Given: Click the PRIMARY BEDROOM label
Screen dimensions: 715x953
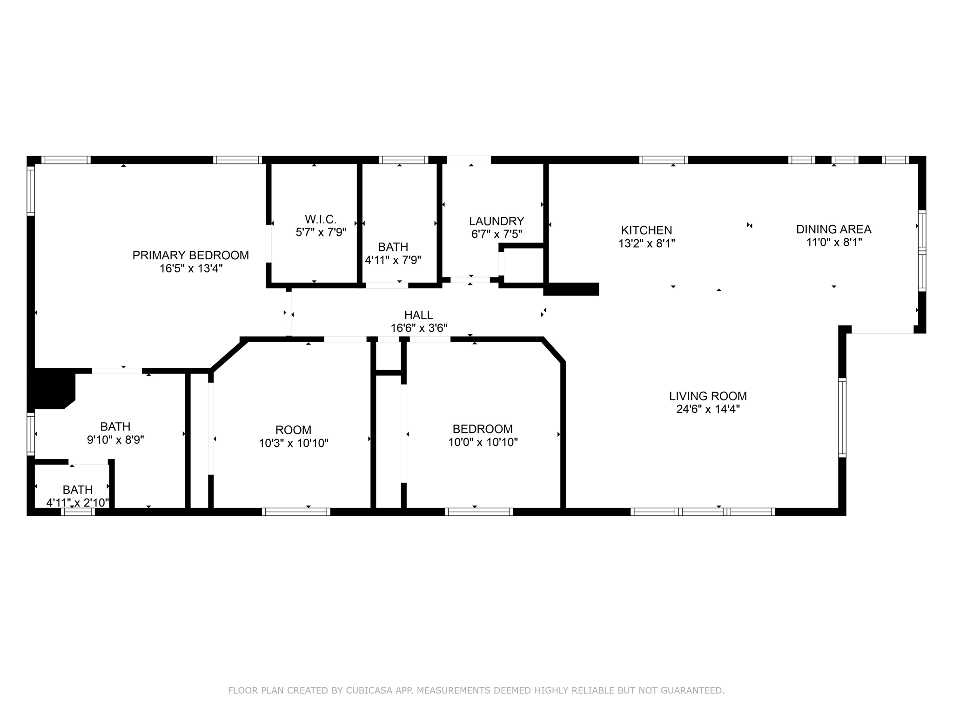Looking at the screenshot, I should pyautogui.click(x=190, y=255).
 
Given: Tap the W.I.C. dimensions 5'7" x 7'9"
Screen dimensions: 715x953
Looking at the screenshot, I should pyautogui.click(x=321, y=232).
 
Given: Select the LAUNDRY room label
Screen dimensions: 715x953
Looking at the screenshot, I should pyautogui.click(x=496, y=221).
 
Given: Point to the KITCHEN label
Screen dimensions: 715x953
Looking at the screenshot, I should pyautogui.click(x=646, y=230).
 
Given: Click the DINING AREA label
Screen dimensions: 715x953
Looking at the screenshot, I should pyautogui.click(x=833, y=229).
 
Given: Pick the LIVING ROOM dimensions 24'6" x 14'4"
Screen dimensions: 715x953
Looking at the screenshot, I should pyautogui.click(x=708, y=409).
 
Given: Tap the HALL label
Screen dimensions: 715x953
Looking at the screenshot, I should pyautogui.click(x=418, y=315).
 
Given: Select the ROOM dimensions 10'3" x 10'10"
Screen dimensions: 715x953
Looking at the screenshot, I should pyautogui.click(x=293, y=443).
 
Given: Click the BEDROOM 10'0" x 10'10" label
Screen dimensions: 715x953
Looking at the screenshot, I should pyautogui.click(x=483, y=429).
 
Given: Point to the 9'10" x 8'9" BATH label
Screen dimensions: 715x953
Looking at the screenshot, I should pyautogui.click(x=115, y=426).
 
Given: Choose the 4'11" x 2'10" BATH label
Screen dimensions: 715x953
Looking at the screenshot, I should pyautogui.click(x=78, y=490).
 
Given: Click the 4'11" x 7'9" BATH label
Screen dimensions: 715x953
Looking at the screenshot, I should pyautogui.click(x=393, y=247).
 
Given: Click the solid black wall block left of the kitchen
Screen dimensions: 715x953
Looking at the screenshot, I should pyautogui.click(x=571, y=289).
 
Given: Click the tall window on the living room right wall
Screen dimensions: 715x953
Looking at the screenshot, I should pyautogui.click(x=842, y=418).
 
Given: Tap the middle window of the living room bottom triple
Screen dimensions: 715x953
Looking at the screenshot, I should pyautogui.click(x=703, y=512).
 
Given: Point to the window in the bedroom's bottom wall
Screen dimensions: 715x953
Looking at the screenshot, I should pyautogui.click(x=479, y=512).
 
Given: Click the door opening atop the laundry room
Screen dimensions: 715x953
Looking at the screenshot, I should pyautogui.click(x=469, y=160).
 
